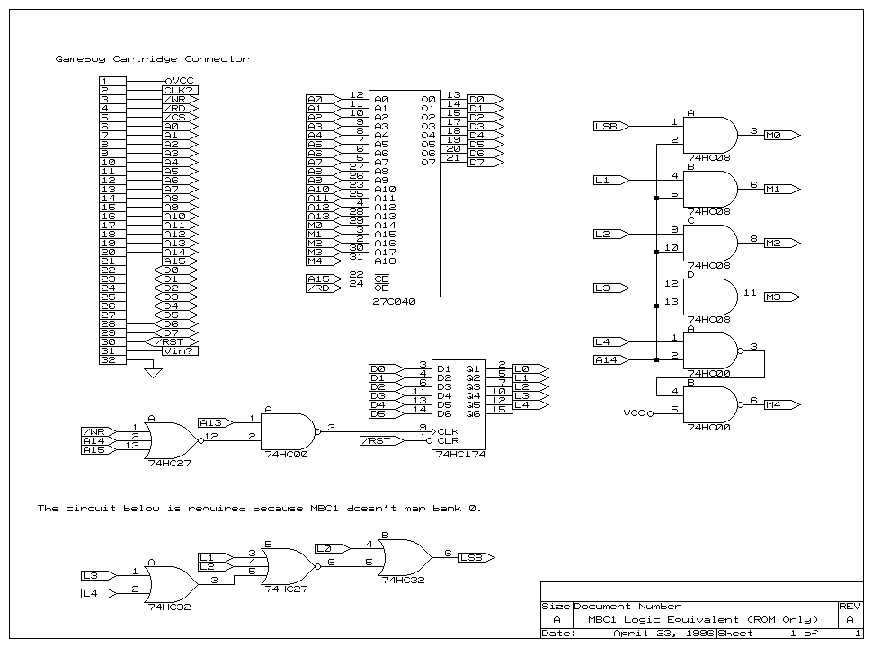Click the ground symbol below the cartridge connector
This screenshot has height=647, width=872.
(153, 372)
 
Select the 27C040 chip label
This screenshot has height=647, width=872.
(394, 302)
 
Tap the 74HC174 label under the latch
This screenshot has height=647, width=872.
(460, 454)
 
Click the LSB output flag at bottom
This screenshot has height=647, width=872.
(476, 557)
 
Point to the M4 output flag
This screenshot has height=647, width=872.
(782, 404)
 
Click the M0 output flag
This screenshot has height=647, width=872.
(782, 135)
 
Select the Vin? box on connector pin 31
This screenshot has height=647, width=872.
(181, 350)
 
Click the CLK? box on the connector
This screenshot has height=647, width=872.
(181, 90)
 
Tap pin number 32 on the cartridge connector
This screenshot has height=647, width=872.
(108, 359)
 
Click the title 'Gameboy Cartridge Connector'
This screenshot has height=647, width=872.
(152, 59)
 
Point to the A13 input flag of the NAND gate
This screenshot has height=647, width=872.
(216, 422)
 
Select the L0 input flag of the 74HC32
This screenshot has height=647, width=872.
(333, 549)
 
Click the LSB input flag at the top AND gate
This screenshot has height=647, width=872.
(611, 126)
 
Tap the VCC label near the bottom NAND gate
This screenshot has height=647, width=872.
(634, 413)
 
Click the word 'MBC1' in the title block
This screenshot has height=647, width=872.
(602, 620)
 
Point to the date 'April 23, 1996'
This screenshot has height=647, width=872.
(664, 634)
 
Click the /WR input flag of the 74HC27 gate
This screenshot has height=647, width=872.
(100, 431)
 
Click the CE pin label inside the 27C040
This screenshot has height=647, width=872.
(381, 279)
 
